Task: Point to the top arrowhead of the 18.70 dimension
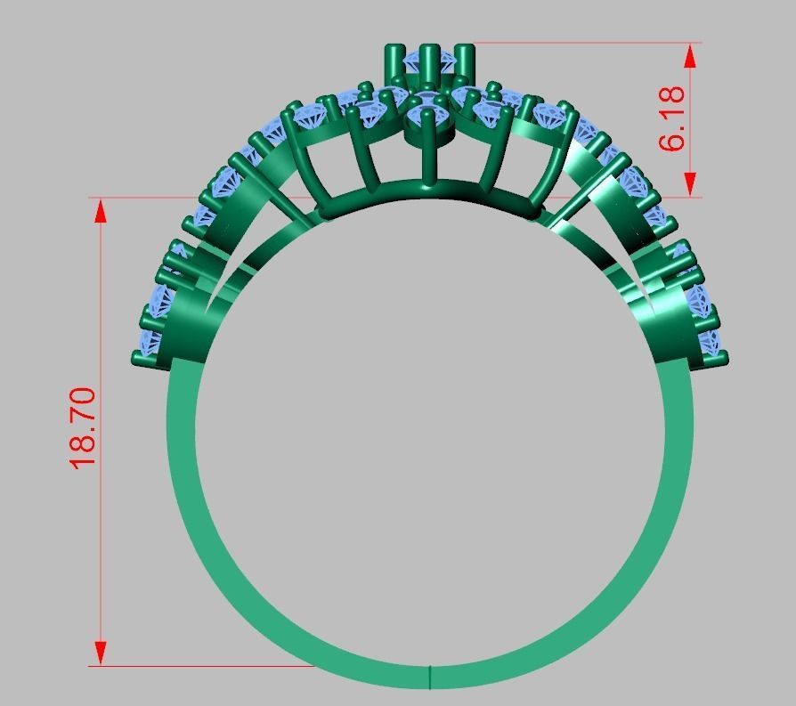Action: [101, 211]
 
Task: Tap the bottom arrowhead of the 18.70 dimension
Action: [101, 652]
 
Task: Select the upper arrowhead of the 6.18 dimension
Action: [689, 56]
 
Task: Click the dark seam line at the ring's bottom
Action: [430, 677]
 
